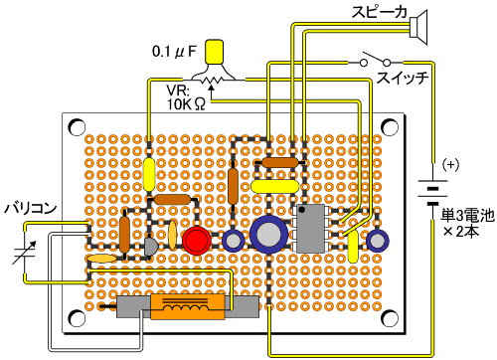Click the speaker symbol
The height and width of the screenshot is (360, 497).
418,27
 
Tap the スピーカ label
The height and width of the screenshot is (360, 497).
380,12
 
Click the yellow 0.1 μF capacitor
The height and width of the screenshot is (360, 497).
215,52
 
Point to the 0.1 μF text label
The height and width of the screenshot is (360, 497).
174,52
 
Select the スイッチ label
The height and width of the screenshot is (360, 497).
403,78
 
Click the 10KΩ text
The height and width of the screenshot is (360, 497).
186,104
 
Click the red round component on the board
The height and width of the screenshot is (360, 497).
197,241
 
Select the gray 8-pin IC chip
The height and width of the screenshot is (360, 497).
310,229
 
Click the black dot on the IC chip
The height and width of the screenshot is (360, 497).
302,210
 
